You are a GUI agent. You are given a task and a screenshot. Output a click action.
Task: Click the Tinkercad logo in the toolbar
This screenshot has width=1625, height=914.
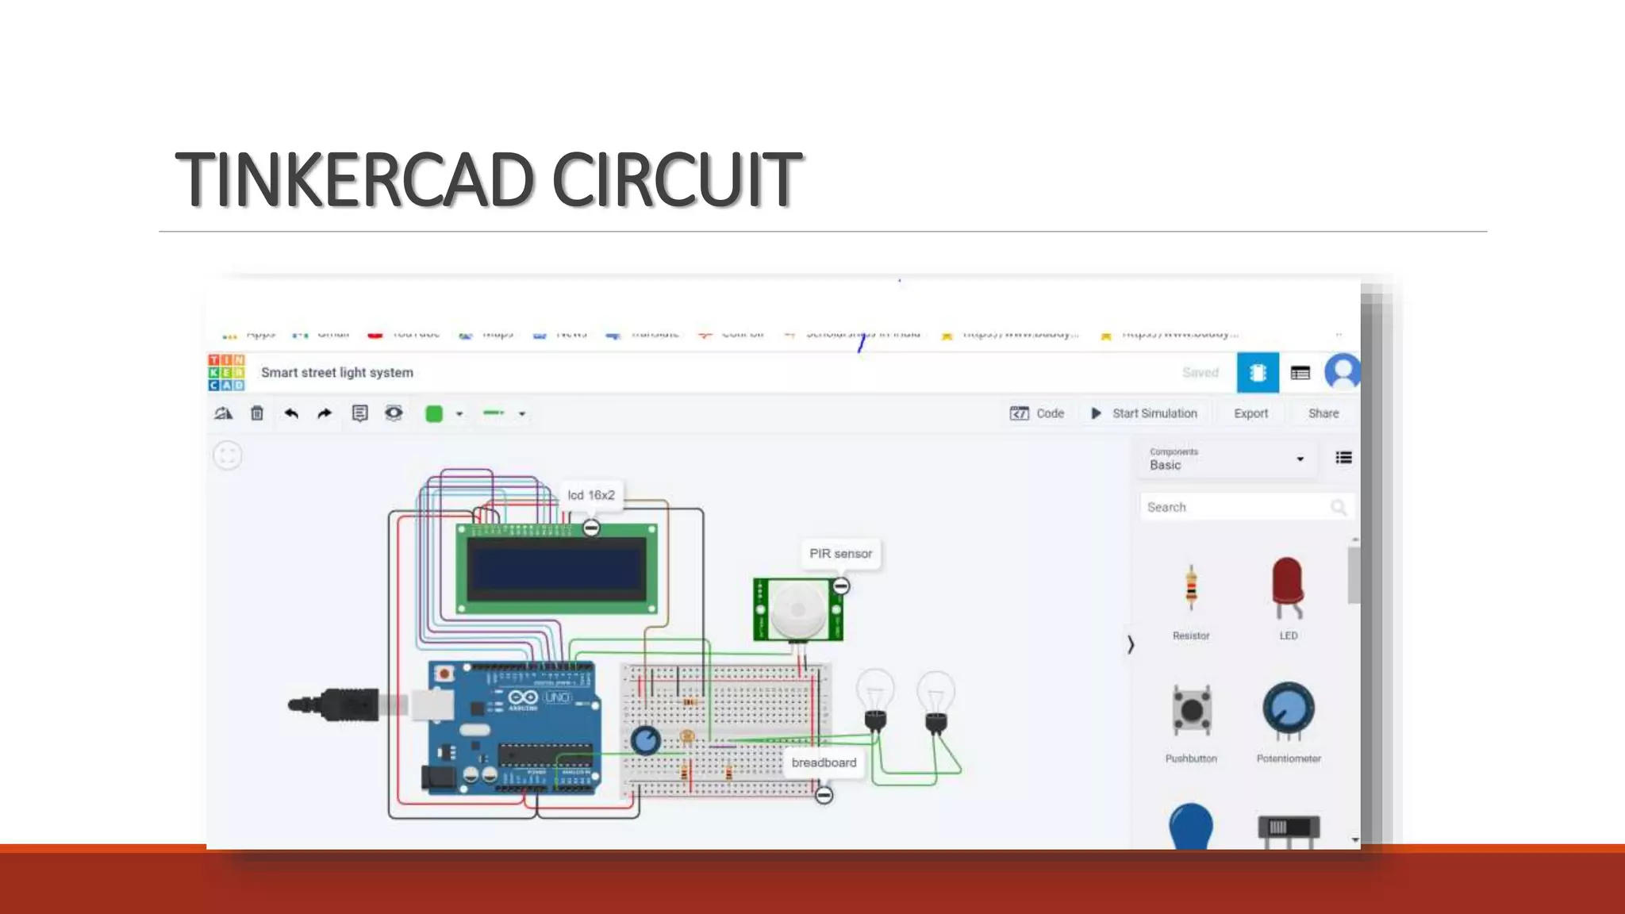[x=226, y=372]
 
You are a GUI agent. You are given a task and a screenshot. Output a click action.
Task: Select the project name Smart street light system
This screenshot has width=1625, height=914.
[x=337, y=372]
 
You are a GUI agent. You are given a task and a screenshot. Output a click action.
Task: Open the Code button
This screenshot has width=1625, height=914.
[x=1037, y=413]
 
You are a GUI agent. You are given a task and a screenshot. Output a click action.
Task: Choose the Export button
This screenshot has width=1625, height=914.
[x=1250, y=413]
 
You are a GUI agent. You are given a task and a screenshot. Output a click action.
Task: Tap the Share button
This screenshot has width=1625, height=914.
[x=1323, y=413]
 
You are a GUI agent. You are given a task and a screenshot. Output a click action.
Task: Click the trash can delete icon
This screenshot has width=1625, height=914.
[x=257, y=413]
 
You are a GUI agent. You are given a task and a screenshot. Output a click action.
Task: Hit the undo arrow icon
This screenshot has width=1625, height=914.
[x=291, y=413]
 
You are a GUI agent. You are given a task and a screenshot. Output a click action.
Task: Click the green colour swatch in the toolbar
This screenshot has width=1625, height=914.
[x=434, y=413]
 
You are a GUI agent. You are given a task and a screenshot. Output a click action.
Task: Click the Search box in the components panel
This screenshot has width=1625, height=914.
[x=1238, y=507]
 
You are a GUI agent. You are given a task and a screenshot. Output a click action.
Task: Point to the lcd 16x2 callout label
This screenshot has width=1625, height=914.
[x=591, y=495]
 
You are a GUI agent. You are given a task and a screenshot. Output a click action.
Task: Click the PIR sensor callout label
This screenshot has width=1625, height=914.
[x=840, y=554]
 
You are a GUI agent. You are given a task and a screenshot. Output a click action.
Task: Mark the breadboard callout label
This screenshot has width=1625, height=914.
[x=824, y=762]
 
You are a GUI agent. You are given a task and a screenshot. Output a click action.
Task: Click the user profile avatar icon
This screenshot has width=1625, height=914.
[x=1343, y=372]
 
